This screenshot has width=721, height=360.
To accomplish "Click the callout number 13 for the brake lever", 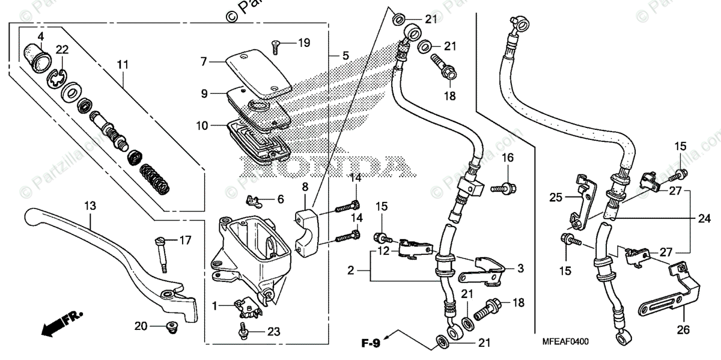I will (90, 206).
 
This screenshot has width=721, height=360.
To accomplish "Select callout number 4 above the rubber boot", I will (41, 37).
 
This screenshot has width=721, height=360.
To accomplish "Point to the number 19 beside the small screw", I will (304, 43).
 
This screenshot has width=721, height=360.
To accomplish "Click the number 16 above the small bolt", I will (508, 157).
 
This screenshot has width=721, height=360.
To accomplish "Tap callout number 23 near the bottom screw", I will (274, 332).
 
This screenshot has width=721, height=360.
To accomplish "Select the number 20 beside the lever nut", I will (141, 326).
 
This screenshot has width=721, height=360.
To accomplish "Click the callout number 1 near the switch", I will (215, 305).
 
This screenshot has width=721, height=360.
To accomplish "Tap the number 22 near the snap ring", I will (62, 49).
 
